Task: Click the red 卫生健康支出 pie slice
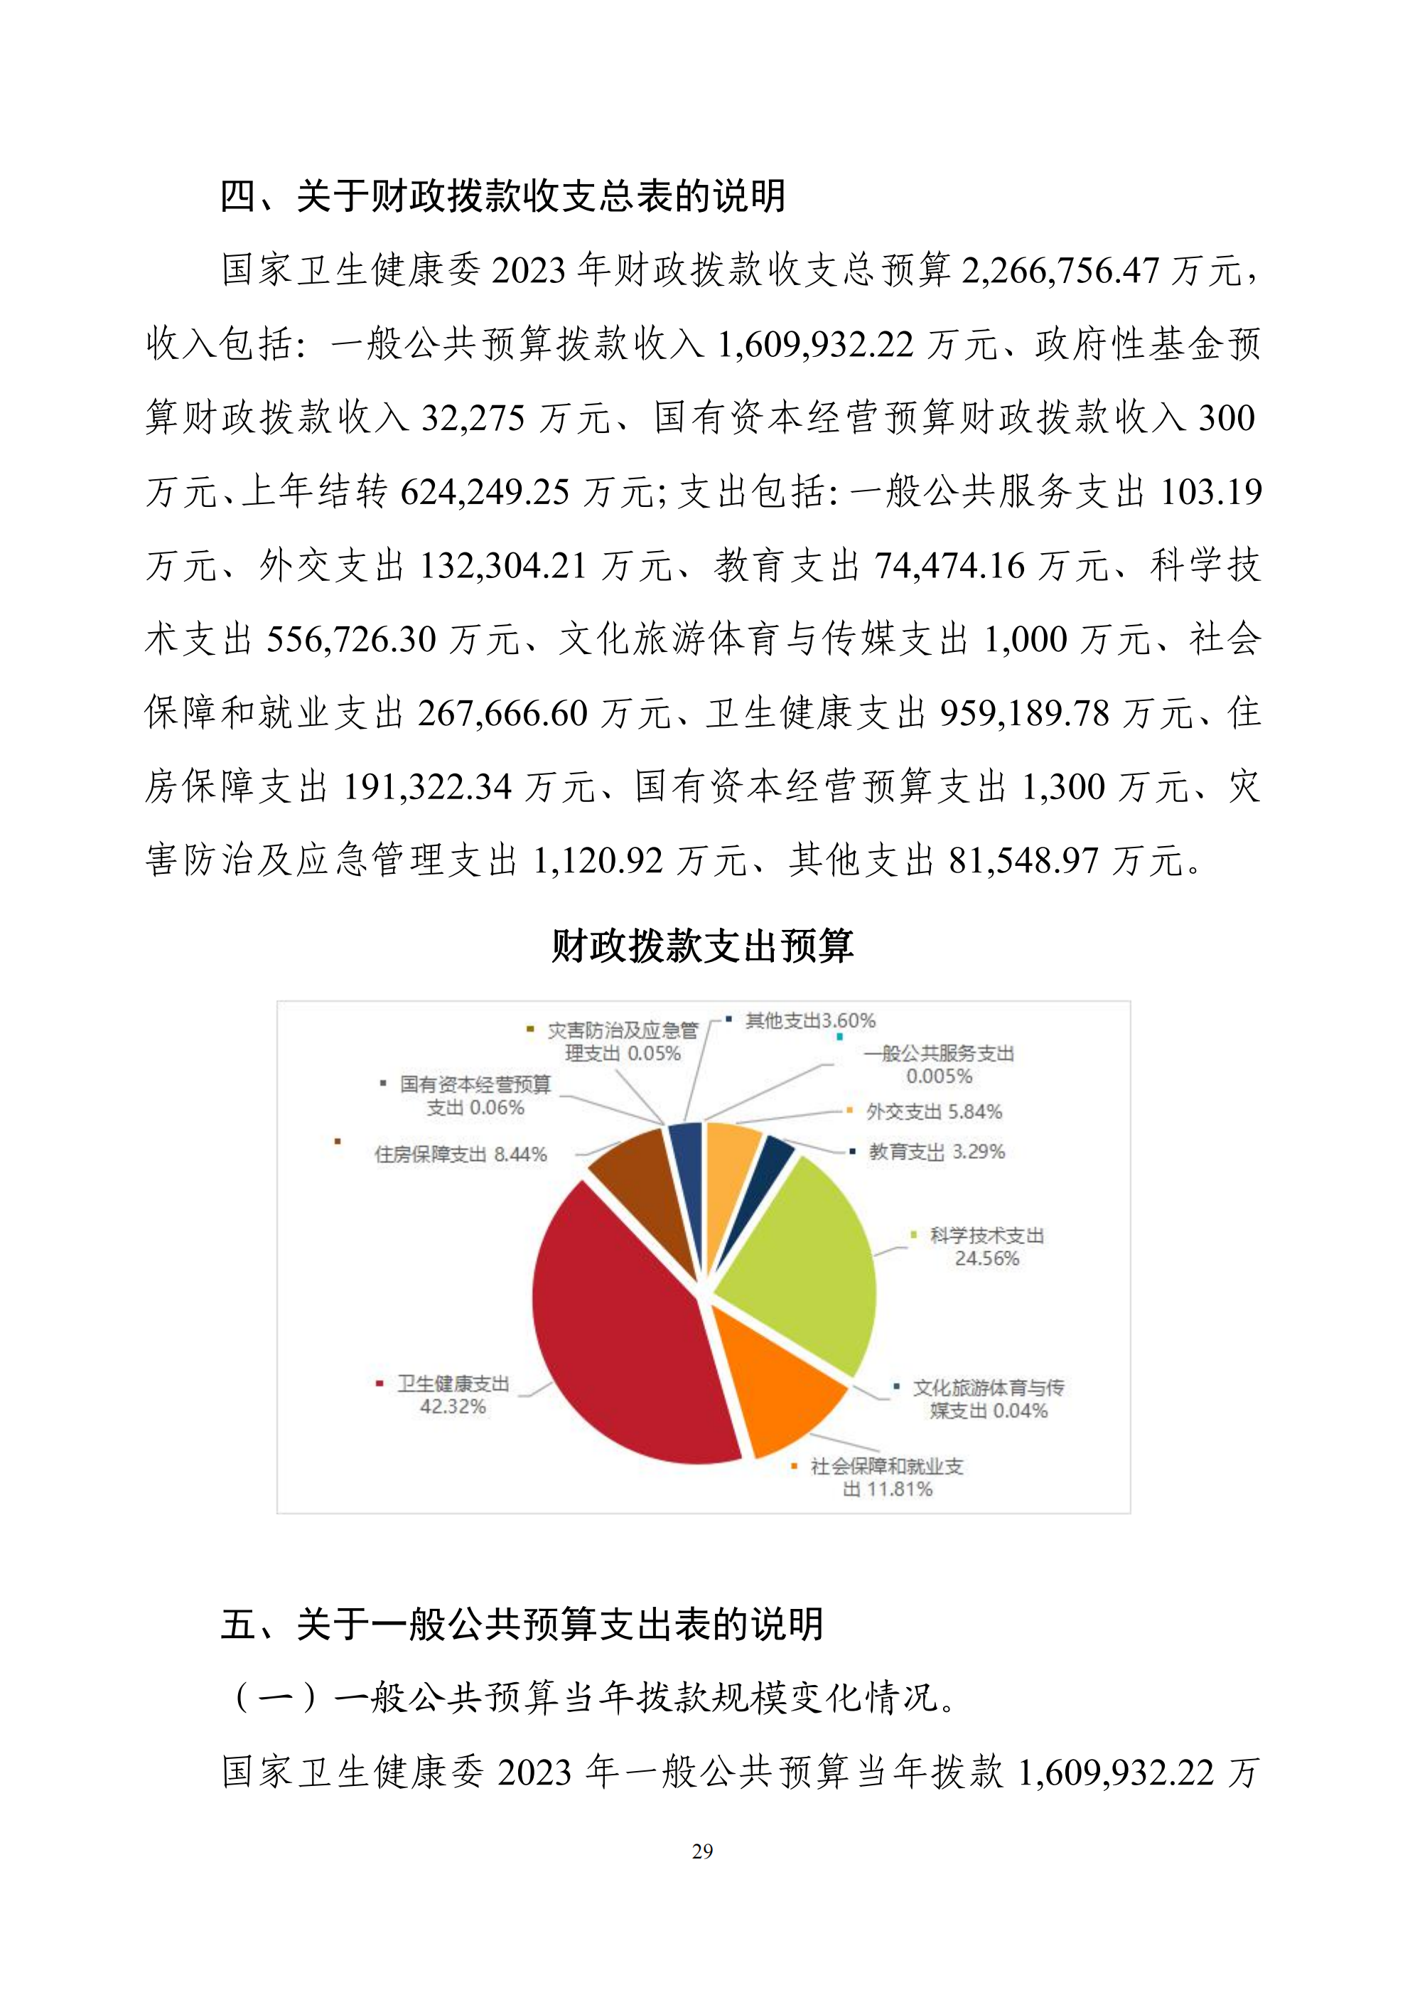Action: point(625,1330)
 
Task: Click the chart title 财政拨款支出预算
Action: point(703,946)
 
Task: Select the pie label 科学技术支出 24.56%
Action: point(986,1247)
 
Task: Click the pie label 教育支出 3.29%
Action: point(937,1152)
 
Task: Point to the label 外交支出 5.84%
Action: point(934,1112)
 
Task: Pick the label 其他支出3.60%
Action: point(809,1021)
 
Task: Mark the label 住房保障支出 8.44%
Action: point(461,1155)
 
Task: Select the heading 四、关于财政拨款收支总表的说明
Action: point(503,196)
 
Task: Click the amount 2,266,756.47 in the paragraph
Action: point(1060,271)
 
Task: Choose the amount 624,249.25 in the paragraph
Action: point(485,493)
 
